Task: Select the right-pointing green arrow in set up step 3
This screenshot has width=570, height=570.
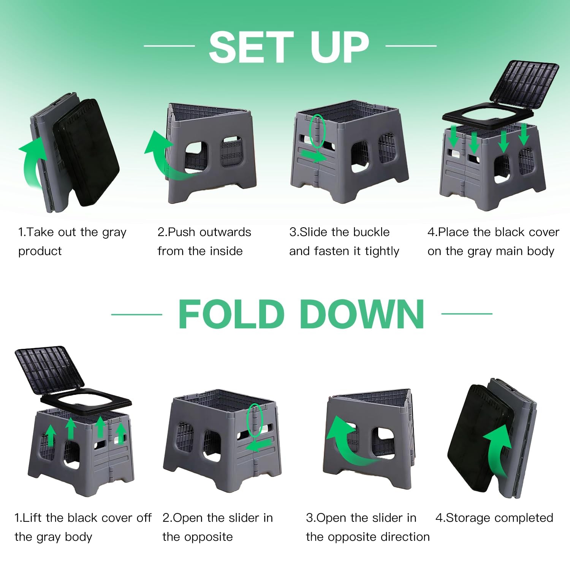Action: tap(314, 155)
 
